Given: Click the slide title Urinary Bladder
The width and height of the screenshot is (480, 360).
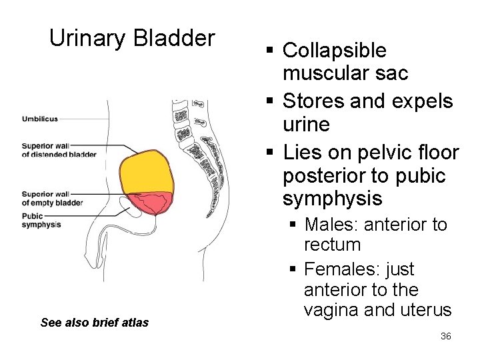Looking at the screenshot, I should (132, 39).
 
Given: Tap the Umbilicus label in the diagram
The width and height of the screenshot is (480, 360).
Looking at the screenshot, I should (40, 119).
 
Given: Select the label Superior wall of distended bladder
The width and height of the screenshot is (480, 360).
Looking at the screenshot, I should (59, 150).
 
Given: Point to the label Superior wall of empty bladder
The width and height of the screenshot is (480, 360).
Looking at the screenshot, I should (52, 199).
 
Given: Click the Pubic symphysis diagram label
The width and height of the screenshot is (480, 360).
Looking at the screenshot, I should (41, 220).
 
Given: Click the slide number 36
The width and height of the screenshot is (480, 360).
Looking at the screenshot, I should (446, 336).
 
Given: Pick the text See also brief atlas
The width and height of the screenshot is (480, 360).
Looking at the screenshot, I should (94, 323).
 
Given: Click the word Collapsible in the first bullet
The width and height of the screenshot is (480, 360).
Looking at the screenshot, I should (335, 50).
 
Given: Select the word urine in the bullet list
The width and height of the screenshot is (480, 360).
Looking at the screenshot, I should (306, 125).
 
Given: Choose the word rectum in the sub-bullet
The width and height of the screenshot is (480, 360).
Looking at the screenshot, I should (332, 245).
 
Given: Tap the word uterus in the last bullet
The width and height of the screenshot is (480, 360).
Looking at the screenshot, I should (427, 311).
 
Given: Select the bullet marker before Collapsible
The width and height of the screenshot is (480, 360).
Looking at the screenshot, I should (268, 51).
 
